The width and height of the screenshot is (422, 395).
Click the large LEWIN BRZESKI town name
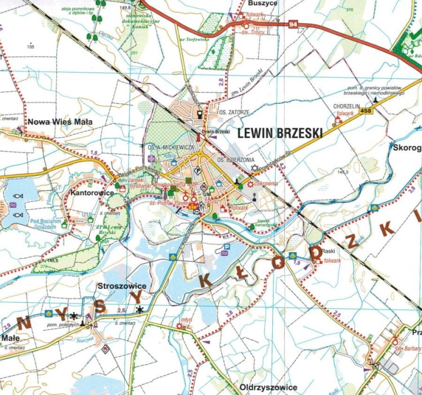click(280, 133)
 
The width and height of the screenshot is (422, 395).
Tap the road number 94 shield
click(292, 25)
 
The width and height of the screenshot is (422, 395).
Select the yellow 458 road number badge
click(366, 111)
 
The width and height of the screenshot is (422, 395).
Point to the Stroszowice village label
click(122, 286)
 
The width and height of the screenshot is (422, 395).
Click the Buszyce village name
click(262, 3)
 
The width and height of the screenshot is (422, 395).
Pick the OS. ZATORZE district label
click(234, 112)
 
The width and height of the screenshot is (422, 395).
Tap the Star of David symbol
click(254, 168)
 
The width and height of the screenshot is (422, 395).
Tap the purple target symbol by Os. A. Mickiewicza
click(151, 158)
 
